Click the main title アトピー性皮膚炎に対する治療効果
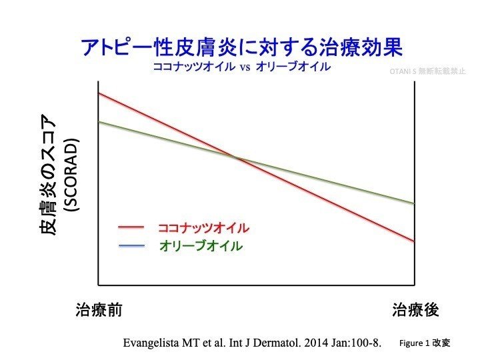(241, 49)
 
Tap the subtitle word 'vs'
(243, 69)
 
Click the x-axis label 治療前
(99, 310)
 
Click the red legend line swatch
(131, 227)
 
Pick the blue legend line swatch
(131, 246)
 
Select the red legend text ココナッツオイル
(203, 227)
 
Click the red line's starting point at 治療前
(99, 93)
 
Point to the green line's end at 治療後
(414, 203)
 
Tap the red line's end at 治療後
(414, 241)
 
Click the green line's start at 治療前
(99, 121)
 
